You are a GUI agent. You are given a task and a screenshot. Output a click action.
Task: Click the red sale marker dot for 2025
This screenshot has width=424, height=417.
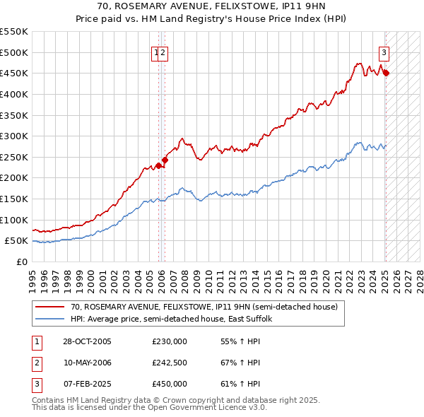pos(386,73)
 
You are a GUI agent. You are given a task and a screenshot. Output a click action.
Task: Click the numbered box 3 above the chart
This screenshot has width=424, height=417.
pos(384,52)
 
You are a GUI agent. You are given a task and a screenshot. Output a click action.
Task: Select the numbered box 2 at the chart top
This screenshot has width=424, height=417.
pos(163,52)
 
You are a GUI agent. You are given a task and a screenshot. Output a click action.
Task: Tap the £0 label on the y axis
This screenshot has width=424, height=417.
pos(22,262)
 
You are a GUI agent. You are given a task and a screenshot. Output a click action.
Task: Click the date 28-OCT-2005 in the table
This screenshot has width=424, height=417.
pos(87,342)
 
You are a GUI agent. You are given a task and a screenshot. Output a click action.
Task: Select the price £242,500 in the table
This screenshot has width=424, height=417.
pos(169,363)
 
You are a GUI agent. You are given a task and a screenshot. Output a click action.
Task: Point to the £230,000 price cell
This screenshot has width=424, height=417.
pos(169,342)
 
